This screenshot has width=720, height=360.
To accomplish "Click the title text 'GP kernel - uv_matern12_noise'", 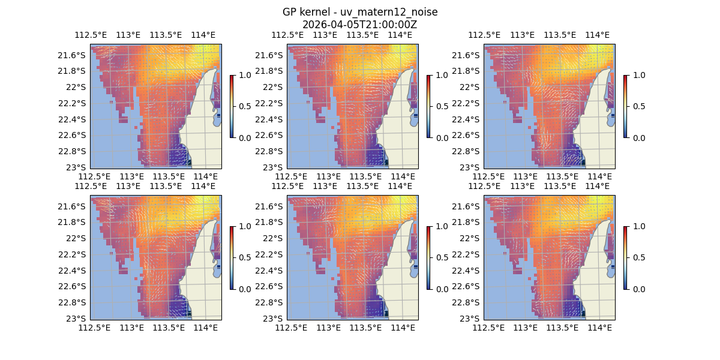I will point(359,12).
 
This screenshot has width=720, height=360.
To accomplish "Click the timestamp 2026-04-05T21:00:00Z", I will point(359,25).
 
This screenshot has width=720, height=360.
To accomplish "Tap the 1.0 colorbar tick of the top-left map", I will point(244,75).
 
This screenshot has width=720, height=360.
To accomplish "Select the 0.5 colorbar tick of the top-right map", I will point(638,106).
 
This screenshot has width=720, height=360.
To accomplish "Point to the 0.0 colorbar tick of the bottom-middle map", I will point(441,289).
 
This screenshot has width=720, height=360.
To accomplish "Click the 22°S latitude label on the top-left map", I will point(77,87).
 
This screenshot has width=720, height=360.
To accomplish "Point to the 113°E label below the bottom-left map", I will point(131,328).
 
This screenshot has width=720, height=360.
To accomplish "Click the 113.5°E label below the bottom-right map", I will point(562,328).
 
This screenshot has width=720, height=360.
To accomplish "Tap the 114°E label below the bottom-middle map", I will point(403,328).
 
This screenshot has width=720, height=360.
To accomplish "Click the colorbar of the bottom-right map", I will point(625,257).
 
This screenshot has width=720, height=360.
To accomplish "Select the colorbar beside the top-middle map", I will point(428,106).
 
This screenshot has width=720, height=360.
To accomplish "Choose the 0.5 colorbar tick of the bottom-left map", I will point(244,257).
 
